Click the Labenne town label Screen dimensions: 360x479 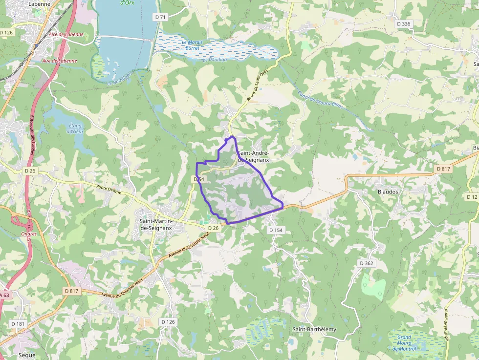pos(40,3)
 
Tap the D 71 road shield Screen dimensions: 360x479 pos(160,17)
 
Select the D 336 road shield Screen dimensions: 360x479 pos(404,23)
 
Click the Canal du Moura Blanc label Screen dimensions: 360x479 pos(320,100)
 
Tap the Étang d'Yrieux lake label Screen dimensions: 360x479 pos(75,128)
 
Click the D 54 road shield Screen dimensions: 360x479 pos(198,179)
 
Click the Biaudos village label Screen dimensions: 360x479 pos(388,192)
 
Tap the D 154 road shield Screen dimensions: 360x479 pos(276,230)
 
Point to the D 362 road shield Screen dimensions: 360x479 pos(367,263)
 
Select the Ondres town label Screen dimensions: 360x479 pos(29,233)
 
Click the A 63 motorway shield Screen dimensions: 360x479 pos(4,295)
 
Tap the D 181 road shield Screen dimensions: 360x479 pos(18,323)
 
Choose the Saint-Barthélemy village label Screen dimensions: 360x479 pos(314,329)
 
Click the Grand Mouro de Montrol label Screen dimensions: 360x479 pos(404,343)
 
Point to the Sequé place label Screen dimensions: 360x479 pos(27,355)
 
